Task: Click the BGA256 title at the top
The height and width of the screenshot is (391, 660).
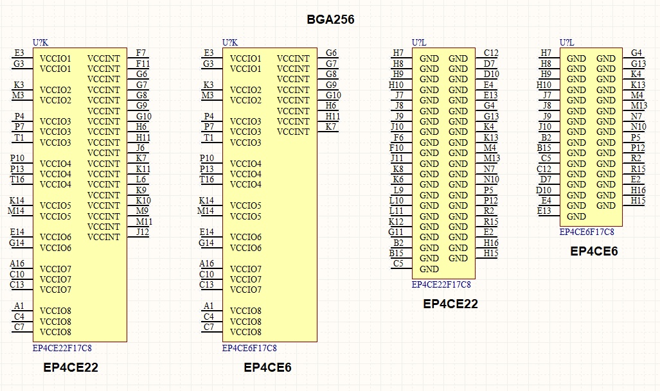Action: tap(330, 20)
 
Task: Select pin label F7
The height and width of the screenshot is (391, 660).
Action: tap(141, 53)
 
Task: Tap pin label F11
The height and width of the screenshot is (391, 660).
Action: tap(143, 64)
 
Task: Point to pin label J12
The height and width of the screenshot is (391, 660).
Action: tap(142, 232)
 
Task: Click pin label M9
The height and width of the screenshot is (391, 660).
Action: tap(143, 211)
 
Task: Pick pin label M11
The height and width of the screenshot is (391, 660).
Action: tap(144, 222)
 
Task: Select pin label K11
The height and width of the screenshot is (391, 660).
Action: tap(143, 169)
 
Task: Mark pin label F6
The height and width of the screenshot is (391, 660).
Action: tap(398, 137)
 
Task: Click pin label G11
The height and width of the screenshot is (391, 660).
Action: tap(396, 232)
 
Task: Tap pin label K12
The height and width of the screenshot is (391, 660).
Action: tap(397, 222)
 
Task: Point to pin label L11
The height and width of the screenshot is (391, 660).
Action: tap(397, 211)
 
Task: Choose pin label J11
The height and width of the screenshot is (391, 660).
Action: tap(397, 158)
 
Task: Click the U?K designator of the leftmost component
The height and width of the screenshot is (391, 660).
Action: tap(40, 42)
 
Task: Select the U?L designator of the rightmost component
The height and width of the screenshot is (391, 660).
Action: tap(567, 42)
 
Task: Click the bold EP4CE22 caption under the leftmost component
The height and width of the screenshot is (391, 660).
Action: tap(71, 368)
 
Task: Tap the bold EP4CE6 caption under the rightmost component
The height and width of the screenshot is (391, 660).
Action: tap(594, 251)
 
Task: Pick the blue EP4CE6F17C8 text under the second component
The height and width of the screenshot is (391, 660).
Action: tap(249, 348)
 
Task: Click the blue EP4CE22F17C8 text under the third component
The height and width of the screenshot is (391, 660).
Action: tap(441, 284)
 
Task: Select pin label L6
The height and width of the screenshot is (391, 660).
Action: tap(141, 179)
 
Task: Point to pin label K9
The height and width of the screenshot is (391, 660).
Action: tap(141, 190)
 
